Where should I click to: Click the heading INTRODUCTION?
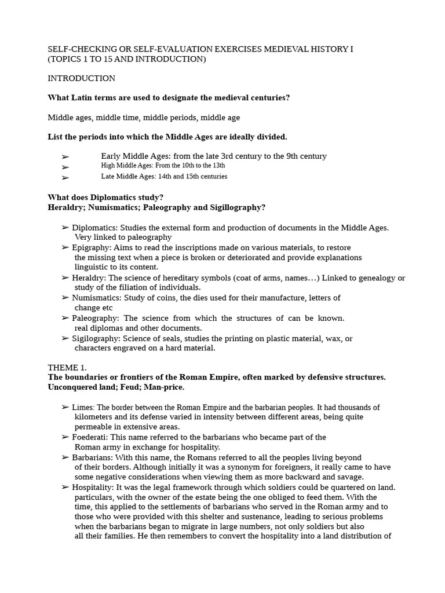point(81,78)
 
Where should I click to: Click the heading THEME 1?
point(67,367)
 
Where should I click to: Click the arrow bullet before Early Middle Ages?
point(65,157)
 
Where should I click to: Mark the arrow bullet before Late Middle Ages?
point(65,178)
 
